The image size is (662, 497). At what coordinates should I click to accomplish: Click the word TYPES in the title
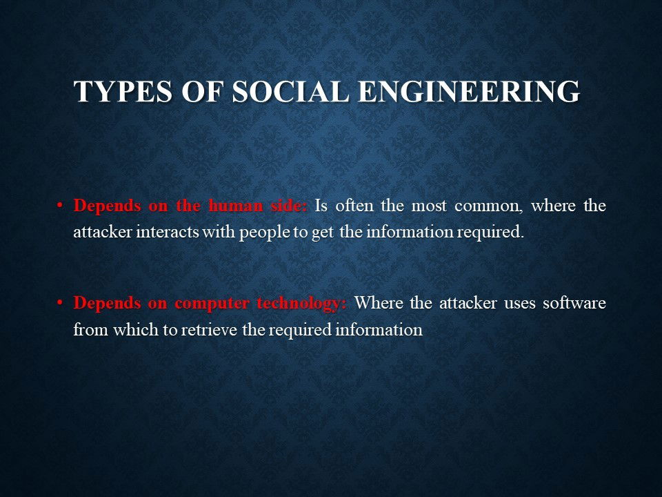pos(123,91)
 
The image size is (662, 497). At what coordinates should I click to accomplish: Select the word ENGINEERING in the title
pos(469,91)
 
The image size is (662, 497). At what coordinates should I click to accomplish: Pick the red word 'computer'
pos(212,303)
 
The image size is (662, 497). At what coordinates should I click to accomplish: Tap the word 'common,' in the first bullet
pos(489,206)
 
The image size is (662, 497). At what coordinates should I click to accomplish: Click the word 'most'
pos(429,206)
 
